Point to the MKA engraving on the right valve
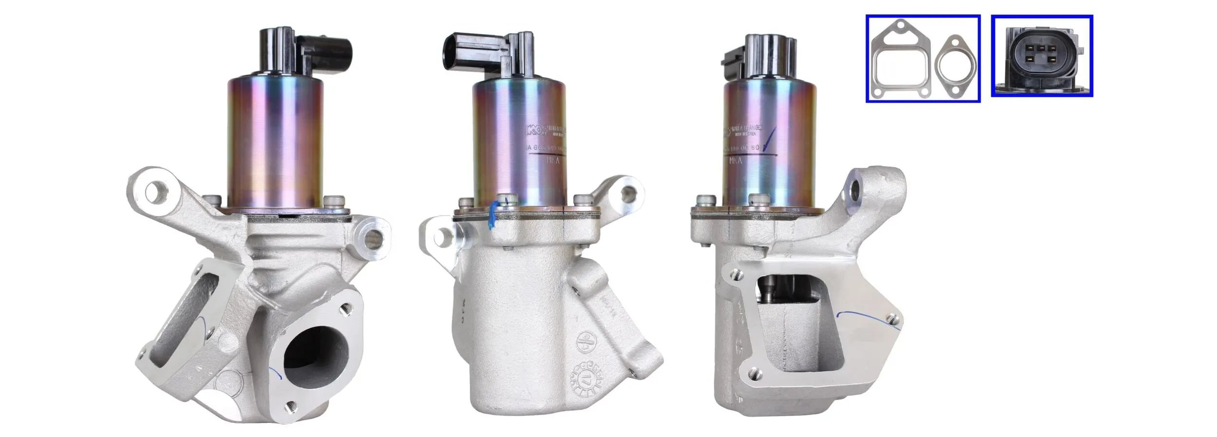pyautogui.click(x=737, y=161)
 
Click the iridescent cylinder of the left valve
pyautogui.click(x=276, y=146)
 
